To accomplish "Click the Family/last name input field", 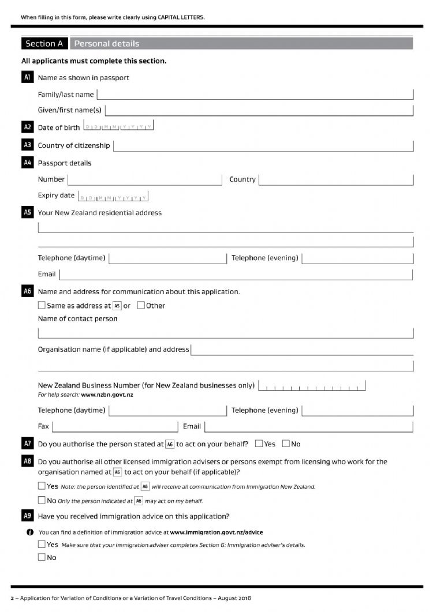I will click(255, 95).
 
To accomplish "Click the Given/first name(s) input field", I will click(259, 110).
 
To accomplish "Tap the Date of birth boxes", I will click(118, 127).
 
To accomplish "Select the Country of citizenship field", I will click(263, 146).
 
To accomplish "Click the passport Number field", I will click(145, 179).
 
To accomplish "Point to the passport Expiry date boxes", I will click(113, 197).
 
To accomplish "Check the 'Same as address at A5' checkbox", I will click(42, 305).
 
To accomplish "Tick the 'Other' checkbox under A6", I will click(141, 305).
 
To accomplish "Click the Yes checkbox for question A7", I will click(259, 444).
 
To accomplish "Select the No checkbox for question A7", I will click(286, 444).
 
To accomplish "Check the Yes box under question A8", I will click(42, 486).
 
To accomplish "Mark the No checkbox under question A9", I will click(42, 557).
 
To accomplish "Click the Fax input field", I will click(115, 426).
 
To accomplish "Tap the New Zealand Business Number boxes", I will click(312, 385).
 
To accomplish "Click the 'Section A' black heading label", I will click(44, 43).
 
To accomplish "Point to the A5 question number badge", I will click(27, 212).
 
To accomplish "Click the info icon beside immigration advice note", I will click(29, 532).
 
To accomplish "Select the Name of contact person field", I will click(226, 333).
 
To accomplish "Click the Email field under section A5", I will click(236, 275).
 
